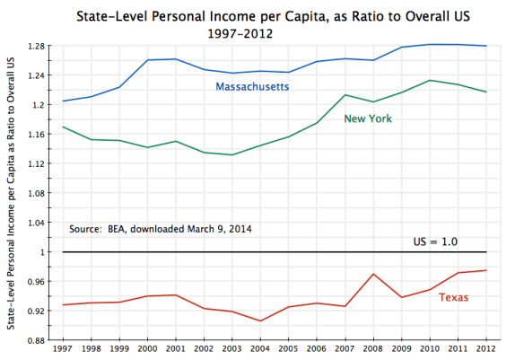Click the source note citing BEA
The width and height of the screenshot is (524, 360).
(161, 229)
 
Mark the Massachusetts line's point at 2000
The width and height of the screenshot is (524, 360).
(148, 60)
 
